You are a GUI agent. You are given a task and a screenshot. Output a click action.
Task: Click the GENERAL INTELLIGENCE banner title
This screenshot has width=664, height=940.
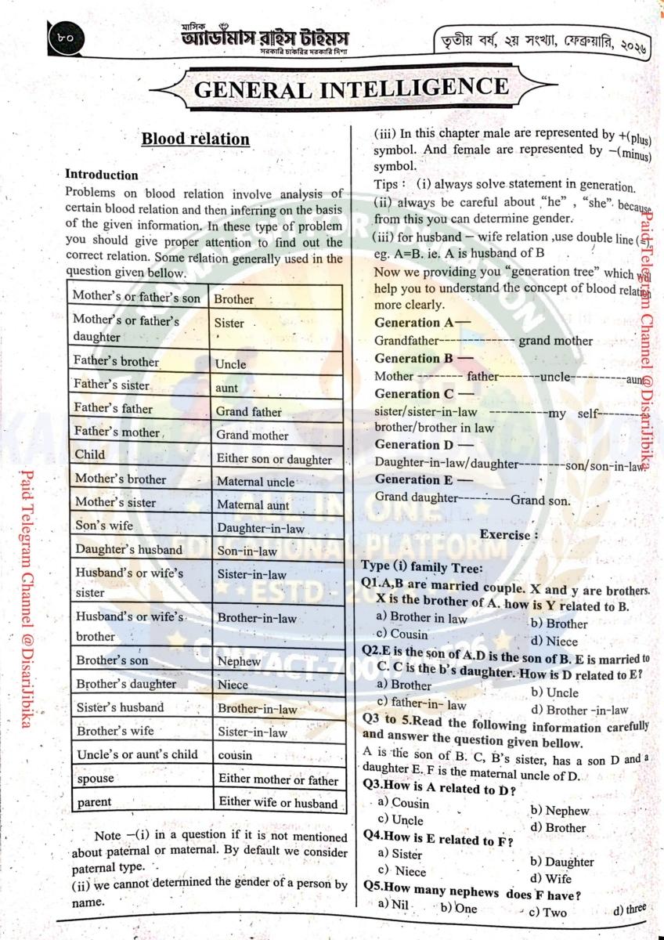(350, 89)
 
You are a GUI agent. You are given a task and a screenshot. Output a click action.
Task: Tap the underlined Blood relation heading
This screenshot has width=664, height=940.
(195, 139)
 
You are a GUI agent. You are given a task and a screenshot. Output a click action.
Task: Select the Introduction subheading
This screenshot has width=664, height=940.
(101, 174)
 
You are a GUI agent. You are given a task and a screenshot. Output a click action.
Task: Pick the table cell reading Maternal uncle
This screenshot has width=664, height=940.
(255, 482)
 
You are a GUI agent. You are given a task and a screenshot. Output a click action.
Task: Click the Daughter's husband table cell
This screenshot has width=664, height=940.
(129, 550)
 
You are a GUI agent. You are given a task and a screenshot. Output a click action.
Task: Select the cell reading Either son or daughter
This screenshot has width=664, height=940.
(274, 459)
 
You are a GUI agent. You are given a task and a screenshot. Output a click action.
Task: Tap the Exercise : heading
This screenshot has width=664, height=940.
(509, 535)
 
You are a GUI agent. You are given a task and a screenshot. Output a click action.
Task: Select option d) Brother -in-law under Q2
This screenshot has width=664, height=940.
(579, 710)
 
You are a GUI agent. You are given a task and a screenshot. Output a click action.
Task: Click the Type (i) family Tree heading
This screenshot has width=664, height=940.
(422, 567)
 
